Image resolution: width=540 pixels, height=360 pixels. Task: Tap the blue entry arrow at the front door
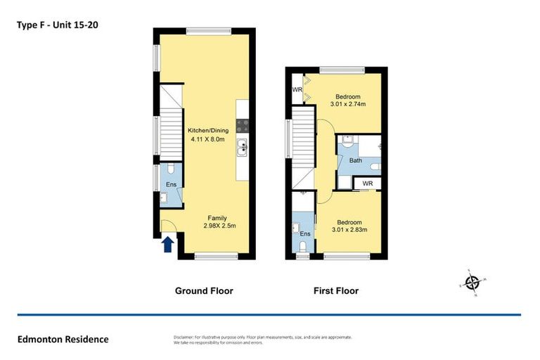click(168, 244)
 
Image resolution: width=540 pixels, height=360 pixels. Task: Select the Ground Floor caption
click(203, 290)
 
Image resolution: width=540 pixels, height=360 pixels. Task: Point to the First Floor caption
click(335, 290)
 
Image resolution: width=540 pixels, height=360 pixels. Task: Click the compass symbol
click(472, 283)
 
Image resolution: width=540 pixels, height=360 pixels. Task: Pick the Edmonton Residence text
click(63, 340)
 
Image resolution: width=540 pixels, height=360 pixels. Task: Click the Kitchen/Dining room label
click(207, 130)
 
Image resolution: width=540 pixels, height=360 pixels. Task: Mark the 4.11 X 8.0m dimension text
click(207, 139)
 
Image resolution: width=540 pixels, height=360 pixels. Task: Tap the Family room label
click(217, 217)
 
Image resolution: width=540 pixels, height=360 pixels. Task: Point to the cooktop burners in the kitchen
click(242, 126)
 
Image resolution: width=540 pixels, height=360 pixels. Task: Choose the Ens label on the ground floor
click(170, 185)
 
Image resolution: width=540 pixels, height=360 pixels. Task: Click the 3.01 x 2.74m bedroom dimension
click(348, 105)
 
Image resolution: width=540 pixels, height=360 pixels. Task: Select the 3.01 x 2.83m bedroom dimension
click(348, 228)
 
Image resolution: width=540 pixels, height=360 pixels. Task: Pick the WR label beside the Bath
click(367, 184)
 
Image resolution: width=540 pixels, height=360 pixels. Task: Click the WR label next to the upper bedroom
click(297, 90)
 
